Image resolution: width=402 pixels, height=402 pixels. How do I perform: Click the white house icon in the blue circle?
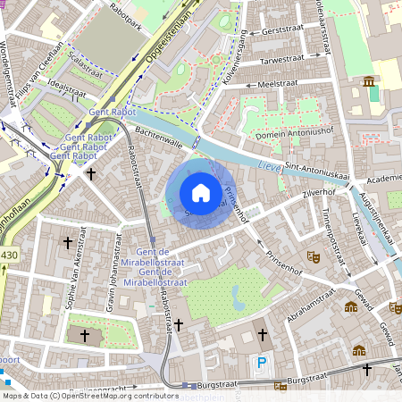click(201, 192)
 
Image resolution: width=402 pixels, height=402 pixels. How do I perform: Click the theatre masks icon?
click(313, 255)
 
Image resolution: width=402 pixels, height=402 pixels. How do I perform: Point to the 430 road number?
click(8, 255)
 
